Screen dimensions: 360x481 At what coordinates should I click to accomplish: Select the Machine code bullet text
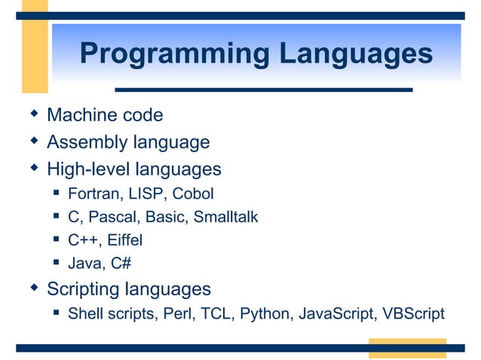[x=105, y=115]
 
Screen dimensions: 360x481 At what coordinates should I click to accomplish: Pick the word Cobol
[x=193, y=194]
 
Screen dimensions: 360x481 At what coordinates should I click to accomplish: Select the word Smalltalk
[x=225, y=217]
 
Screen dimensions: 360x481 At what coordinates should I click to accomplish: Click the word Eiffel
[x=125, y=240]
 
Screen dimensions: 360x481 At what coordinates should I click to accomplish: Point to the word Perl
[x=179, y=313]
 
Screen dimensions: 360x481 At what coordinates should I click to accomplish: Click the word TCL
[x=218, y=313]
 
